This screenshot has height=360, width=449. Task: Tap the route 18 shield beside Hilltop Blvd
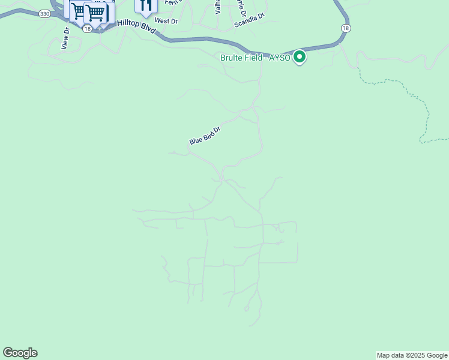click(87, 28)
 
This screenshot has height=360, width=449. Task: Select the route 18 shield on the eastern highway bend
click(345, 28)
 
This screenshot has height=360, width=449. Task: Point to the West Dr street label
click(166, 20)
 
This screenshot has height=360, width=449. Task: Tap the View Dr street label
click(65, 38)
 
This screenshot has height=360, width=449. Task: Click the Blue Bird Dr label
click(205, 135)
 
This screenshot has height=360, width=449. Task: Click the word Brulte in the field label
click(233, 58)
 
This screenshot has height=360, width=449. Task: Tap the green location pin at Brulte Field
click(300, 57)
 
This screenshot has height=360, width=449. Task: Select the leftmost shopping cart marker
click(79, 10)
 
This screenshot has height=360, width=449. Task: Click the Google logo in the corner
click(20, 353)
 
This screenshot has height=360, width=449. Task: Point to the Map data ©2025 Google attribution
click(412, 355)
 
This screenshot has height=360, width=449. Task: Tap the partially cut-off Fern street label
click(172, 3)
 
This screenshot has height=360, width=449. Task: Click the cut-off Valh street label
click(218, 6)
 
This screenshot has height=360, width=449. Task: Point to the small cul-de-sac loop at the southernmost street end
click(246, 308)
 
